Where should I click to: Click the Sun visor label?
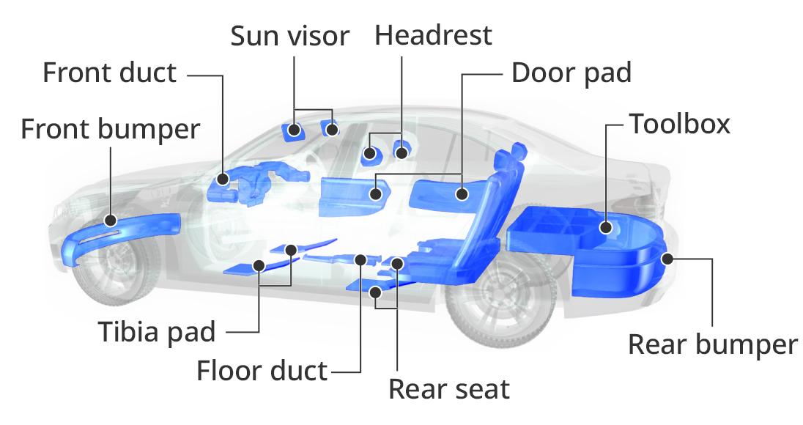pyautogui.click(x=290, y=36)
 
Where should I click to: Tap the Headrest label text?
pyautogui.click(x=433, y=35)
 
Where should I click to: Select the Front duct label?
pyautogui.click(x=110, y=73)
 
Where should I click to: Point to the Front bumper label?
pyautogui.click(x=110, y=128)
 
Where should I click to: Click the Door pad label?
pyautogui.click(x=571, y=73)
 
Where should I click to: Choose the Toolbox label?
pyautogui.click(x=680, y=124)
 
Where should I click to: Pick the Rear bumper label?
pyautogui.click(x=713, y=344)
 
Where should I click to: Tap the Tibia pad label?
pyautogui.click(x=157, y=331)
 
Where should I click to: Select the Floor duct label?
pyautogui.click(x=262, y=370)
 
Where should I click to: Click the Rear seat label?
pyautogui.click(x=449, y=389)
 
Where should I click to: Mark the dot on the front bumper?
pyautogui.click(x=110, y=221)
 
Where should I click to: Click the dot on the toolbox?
pyautogui.click(x=605, y=227)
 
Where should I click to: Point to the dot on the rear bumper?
pyautogui.click(x=667, y=259)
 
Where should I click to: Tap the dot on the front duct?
pyautogui.click(x=222, y=179)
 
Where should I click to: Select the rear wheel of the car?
pyautogui.click(x=501, y=297)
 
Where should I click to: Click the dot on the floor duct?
pyautogui.click(x=360, y=260)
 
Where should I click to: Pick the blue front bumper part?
pyautogui.click(x=120, y=237)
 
